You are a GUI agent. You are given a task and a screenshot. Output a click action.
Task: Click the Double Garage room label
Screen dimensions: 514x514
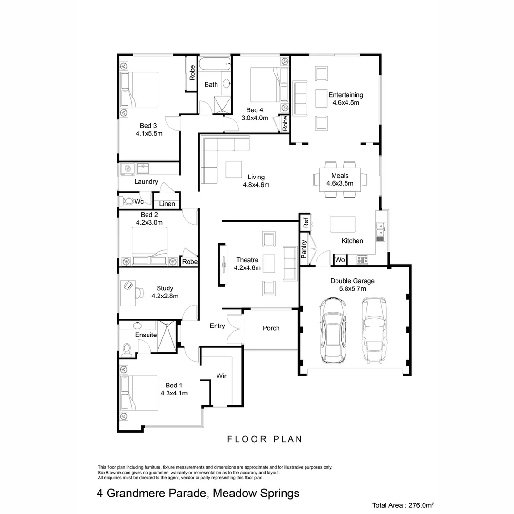(x=352, y=281)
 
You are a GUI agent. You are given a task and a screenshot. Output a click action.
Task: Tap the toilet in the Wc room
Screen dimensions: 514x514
(x=128, y=201)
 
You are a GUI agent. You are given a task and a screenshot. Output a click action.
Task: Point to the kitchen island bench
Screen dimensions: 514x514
(x=343, y=224)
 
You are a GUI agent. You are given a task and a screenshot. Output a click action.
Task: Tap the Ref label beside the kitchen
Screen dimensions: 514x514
(x=306, y=222)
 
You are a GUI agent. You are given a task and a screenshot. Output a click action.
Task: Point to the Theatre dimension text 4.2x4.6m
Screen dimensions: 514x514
(x=247, y=268)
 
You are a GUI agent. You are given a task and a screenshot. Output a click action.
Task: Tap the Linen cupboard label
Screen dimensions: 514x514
(x=167, y=204)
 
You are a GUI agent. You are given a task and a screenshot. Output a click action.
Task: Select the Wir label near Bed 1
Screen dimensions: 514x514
(x=221, y=376)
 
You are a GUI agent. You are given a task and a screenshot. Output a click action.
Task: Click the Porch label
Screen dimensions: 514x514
(x=271, y=328)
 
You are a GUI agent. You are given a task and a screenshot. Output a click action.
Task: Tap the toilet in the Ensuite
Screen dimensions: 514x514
(x=127, y=350)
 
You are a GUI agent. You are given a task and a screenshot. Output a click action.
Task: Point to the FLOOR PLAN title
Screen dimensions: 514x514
(x=265, y=439)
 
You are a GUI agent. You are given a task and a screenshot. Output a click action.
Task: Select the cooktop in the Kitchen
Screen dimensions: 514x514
(x=363, y=259)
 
